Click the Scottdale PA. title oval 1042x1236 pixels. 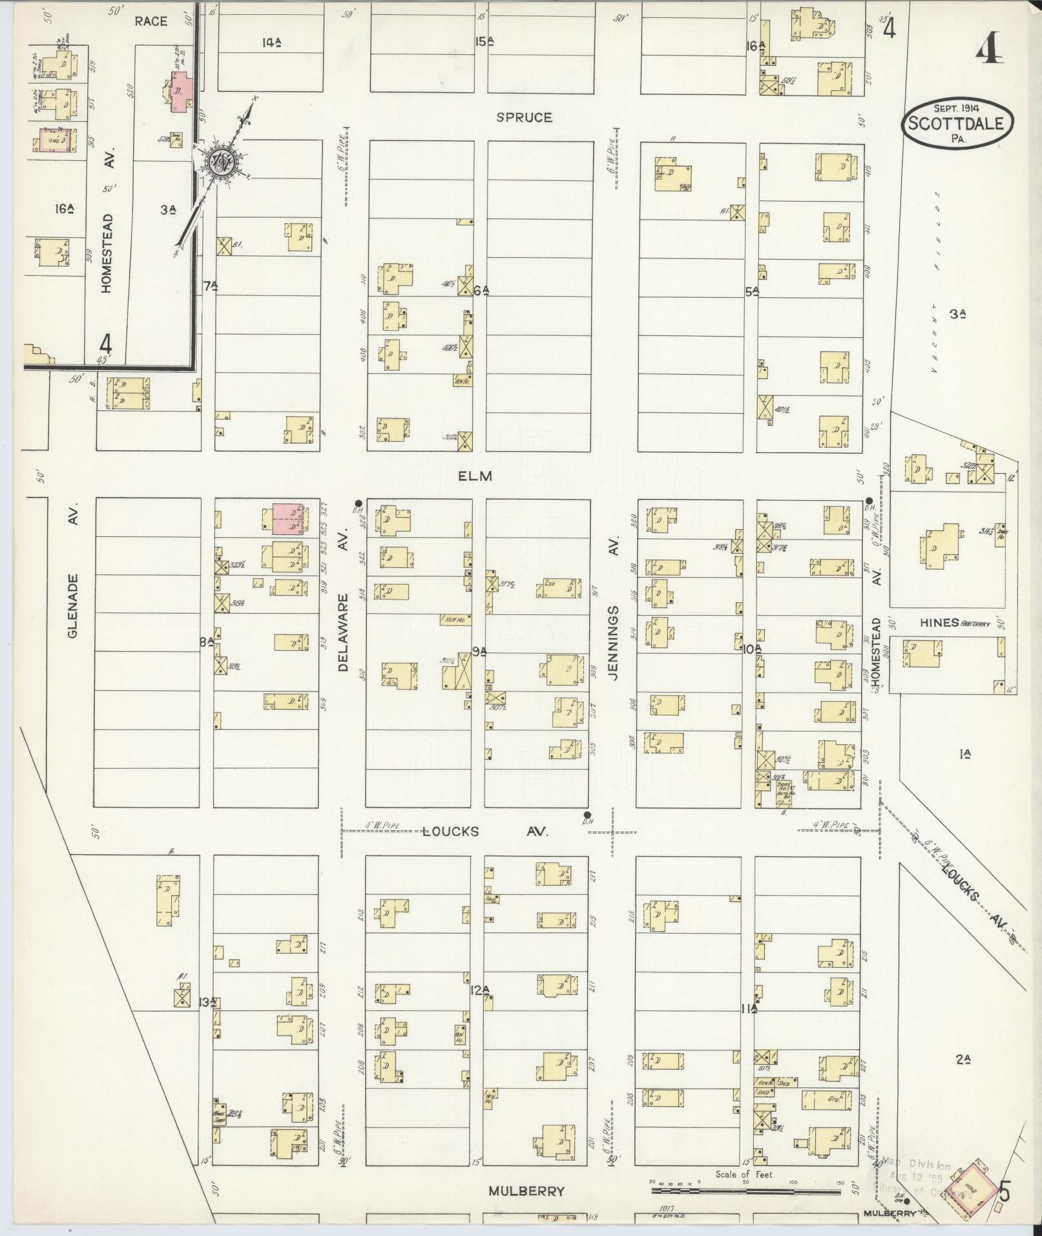[957, 122]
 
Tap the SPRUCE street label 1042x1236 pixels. [524, 118]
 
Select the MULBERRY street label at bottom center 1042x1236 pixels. [526, 1191]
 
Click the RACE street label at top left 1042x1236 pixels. [151, 21]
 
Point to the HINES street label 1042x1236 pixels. [939, 622]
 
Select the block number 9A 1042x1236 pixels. [479, 652]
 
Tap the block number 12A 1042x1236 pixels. [480, 989]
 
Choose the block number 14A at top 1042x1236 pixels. [272, 43]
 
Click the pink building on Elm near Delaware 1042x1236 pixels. [287, 519]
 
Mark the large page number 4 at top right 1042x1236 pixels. [989, 50]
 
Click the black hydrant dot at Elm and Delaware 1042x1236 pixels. [358, 502]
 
